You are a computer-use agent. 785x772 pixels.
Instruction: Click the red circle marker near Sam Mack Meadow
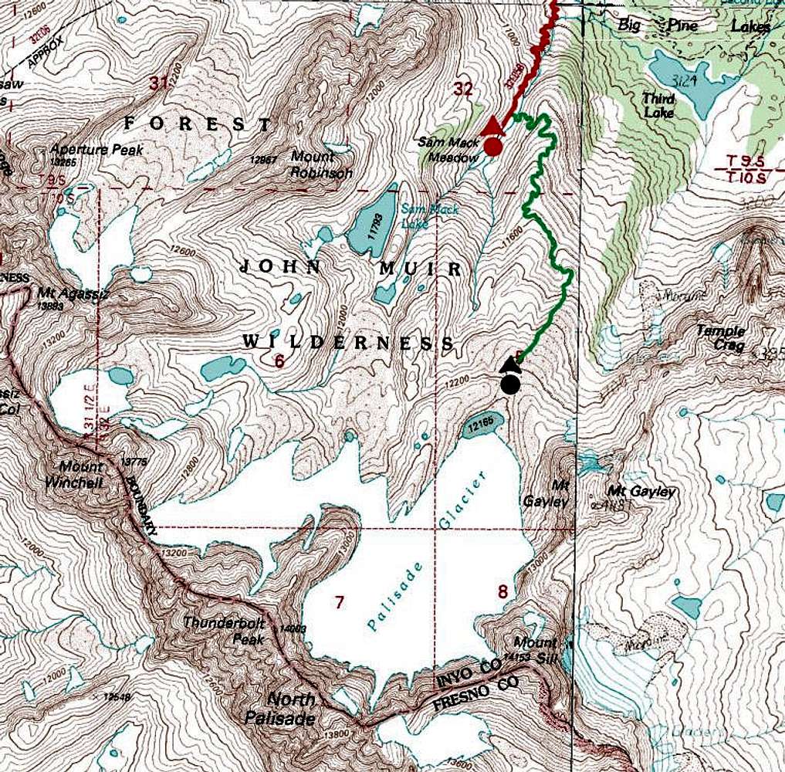494,147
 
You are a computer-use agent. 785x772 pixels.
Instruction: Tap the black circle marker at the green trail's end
509,384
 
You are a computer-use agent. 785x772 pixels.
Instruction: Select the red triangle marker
495,126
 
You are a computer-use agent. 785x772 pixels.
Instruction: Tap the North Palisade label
290,709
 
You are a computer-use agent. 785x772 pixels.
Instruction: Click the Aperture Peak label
96,150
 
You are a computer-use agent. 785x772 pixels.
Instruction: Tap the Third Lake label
658,106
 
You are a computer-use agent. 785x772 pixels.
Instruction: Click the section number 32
463,90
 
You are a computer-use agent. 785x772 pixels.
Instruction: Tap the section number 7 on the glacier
339,602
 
